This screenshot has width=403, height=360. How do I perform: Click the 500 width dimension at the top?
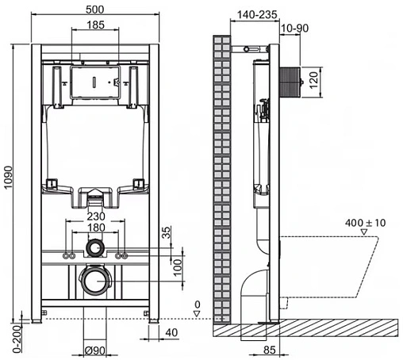pos(94,10)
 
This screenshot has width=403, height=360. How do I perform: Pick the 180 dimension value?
pos(94,228)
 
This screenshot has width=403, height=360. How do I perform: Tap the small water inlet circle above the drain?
pos(95,247)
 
